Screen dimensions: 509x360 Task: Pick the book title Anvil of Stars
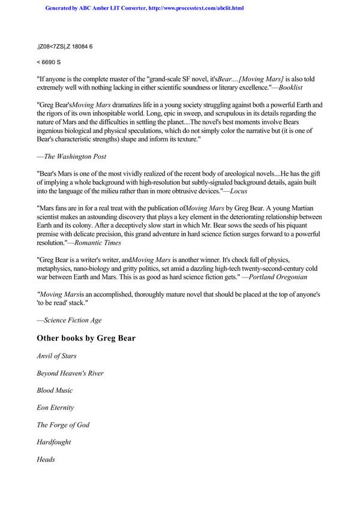click(x=56, y=356)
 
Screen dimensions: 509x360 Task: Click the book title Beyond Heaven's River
click(x=70, y=373)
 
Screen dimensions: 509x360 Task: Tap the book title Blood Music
click(x=55, y=390)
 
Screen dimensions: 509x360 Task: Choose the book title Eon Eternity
click(x=55, y=408)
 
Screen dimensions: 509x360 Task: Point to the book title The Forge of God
click(x=63, y=424)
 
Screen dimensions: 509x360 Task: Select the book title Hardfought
click(x=54, y=442)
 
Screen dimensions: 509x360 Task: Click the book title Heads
click(x=46, y=459)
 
